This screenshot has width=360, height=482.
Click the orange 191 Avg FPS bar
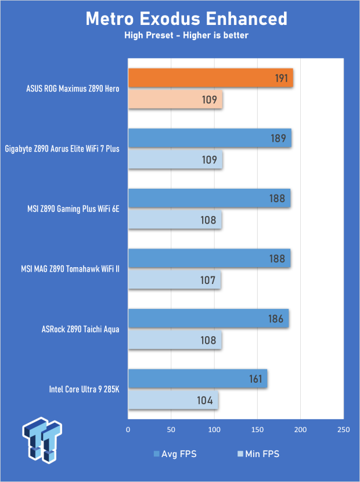coord(211,78)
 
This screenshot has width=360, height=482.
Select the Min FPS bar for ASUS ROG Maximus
coord(175,99)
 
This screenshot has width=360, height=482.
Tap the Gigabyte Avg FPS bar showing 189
coord(210,138)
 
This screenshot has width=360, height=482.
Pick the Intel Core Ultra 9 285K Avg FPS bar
coord(197,379)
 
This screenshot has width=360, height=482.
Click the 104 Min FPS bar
coord(173,400)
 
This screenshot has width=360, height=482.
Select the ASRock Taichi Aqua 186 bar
coord(208,318)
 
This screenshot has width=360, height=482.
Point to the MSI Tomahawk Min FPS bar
coord(175,280)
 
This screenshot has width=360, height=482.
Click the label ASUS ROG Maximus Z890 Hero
coord(73,89)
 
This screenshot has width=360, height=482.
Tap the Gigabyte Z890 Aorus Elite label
coord(62,149)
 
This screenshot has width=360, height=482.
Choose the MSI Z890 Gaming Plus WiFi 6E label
coord(73,209)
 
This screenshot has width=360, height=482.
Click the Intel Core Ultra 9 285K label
coord(84,390)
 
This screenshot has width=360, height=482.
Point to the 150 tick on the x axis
coord(257,430)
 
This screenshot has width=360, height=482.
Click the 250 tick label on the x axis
coord(343,430)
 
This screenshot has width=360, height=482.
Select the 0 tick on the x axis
coord(128,430)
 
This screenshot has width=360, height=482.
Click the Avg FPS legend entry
coord(175,454)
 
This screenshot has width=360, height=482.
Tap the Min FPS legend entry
coord(258,454)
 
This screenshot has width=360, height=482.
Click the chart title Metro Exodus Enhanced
coord(186,19)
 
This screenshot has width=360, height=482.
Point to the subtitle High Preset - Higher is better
coord(186,35)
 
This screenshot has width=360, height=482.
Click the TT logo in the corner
coord(42,440)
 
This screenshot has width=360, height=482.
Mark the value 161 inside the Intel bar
coord(255,379)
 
